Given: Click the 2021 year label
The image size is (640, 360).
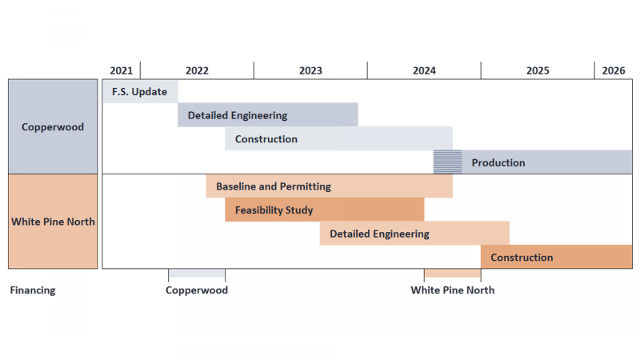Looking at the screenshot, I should pos(122,70).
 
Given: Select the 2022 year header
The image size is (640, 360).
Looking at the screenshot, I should pos(197,70).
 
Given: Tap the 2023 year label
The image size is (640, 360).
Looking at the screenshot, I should pos(310,70).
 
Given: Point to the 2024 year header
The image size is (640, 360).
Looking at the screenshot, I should pos(424,70).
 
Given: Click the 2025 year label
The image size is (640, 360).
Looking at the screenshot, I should pos(538,70).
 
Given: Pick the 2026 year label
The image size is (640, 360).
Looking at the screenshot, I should pos(614,70).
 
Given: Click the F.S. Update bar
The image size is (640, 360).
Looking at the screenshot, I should pos(140,91).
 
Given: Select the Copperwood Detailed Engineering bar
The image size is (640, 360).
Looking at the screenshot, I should pos(267,115).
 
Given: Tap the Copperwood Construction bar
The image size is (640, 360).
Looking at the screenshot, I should pos(338,138).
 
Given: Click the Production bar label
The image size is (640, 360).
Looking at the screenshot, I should pos(498,162).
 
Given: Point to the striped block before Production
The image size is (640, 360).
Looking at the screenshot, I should pos(447,162).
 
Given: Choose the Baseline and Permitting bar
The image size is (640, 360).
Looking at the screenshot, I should pos(329,186).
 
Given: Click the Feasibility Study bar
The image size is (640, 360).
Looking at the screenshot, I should pos(324,210).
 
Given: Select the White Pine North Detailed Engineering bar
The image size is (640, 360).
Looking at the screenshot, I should pos(414,234).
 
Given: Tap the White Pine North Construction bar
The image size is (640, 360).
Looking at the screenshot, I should pos(556,257).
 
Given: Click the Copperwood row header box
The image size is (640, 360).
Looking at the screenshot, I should pos(53,126).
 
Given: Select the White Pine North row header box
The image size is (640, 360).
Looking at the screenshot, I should pos(53,222).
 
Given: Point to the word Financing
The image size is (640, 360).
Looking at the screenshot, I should pos(33,290).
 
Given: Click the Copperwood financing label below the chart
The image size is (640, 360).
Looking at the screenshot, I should pos(197,290).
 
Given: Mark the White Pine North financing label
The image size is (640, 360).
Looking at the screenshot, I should pos(453,290).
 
